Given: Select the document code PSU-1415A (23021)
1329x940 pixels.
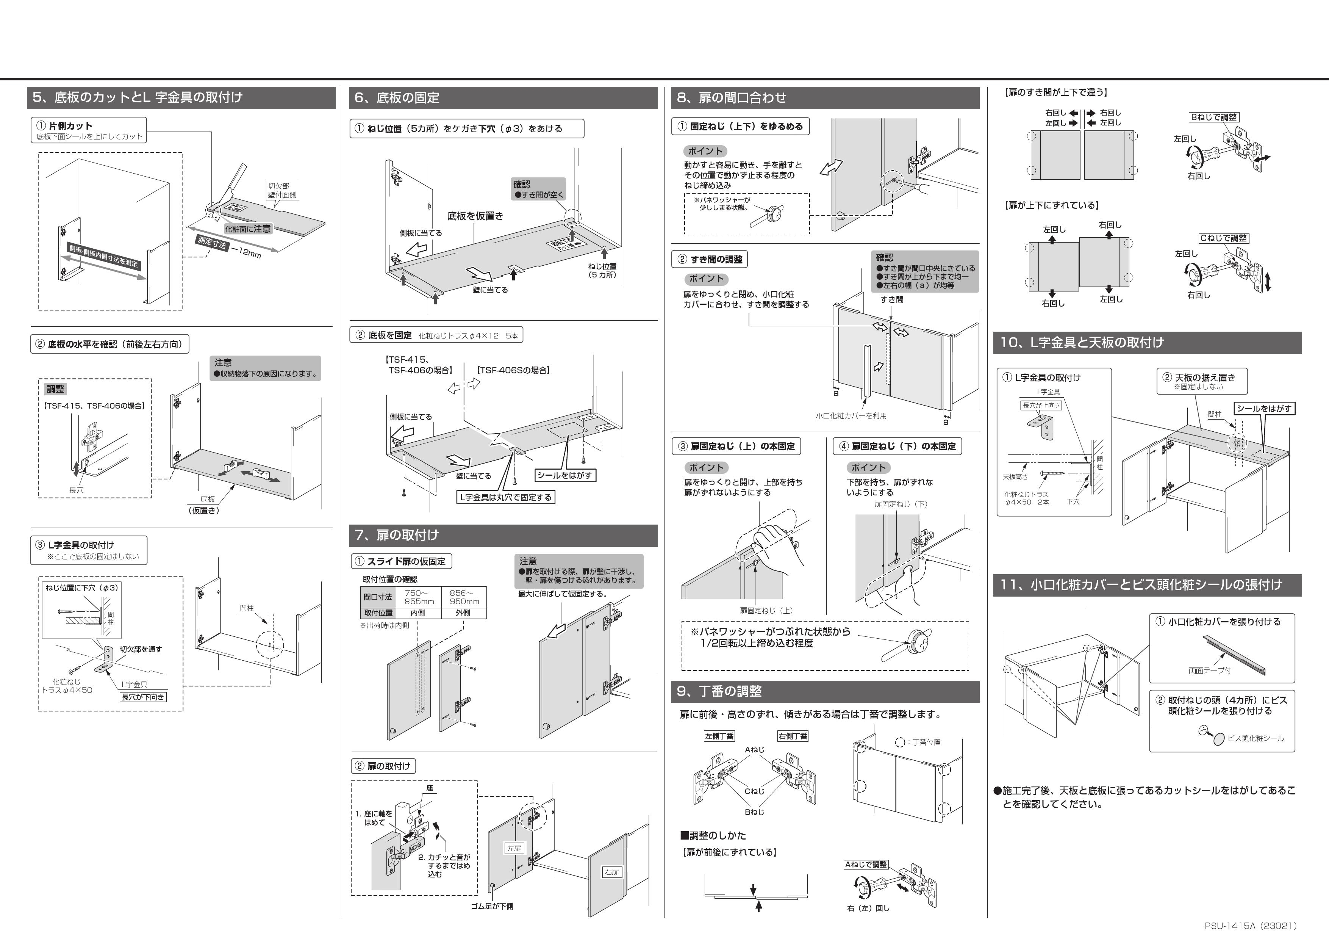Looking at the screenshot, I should pyautogui.click(x=1250, y=926).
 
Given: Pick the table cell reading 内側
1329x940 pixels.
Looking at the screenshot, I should pyautogui.click(x=417, y=613).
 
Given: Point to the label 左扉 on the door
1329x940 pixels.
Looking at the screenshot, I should pyautogui.click(x=514, y=848).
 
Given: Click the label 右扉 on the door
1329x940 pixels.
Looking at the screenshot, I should pyautogui.click(x=612, y=872).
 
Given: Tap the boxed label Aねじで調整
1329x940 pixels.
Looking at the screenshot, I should pyautogui.click(x=866, y=865).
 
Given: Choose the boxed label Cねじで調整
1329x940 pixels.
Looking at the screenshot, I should pyautogui.click(x=1223, y=238).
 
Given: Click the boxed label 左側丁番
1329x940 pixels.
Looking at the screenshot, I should pyautogui.click(x=719, y=736).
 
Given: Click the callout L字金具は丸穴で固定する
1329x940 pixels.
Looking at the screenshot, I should pyautogui.click(x=505, y=497).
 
